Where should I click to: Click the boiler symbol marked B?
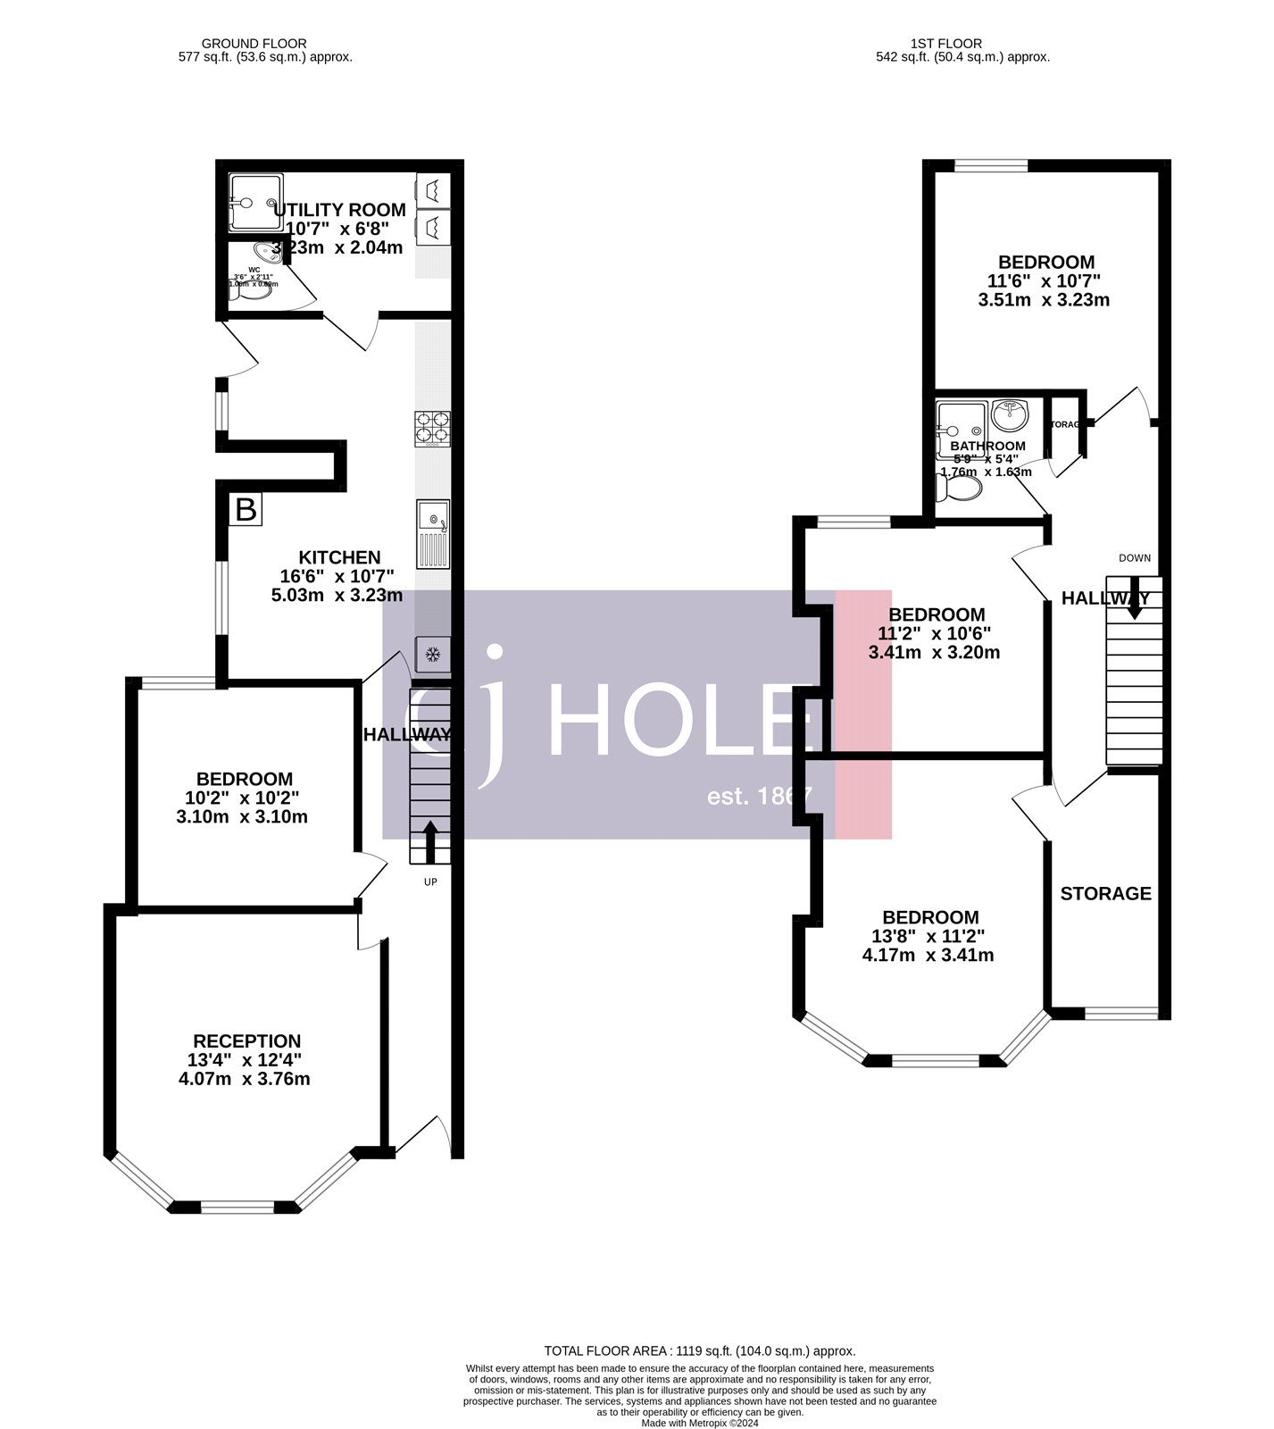coord(245,510)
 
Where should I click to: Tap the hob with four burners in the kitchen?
coord(432,428)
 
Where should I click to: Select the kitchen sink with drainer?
coord(433,533)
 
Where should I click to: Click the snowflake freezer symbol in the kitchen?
coord(433,656)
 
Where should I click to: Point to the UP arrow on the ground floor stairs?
coord(429,841)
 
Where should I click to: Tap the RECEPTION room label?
coord(246,1041)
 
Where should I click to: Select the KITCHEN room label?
coord(339,557)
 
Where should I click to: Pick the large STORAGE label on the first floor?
coord(1105,893)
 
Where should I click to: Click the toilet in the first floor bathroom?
coord(958,488)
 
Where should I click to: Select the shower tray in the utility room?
coord(255,203)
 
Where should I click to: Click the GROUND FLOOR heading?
coord(254,43)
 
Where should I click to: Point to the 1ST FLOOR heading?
coord(946,43)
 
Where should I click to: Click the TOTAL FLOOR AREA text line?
coord(700,1351)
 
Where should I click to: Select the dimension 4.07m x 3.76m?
coord(245,1079)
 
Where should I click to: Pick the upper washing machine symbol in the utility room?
coord(433,190)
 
